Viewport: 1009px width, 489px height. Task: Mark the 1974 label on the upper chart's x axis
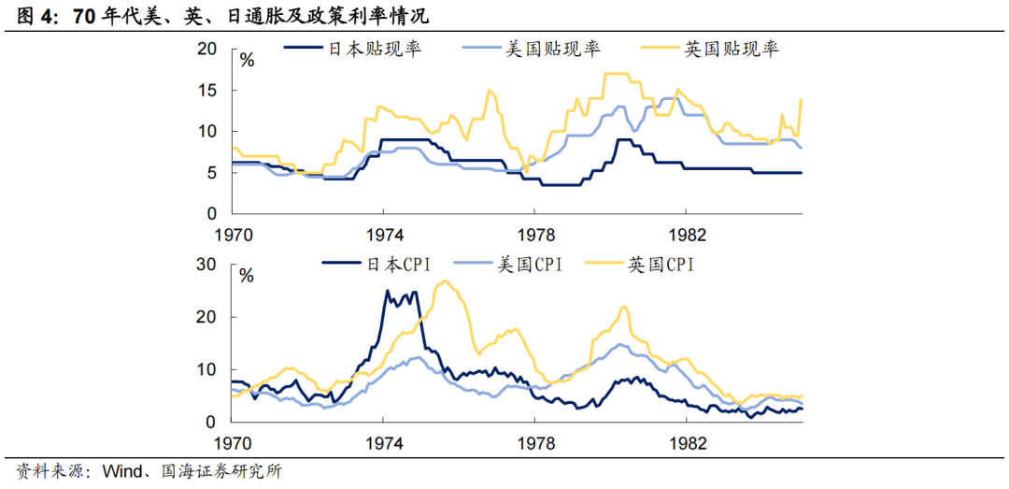pyautogui.click(x=384, y=234)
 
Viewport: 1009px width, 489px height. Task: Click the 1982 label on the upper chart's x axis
pyautogui.click(x=687, y=234)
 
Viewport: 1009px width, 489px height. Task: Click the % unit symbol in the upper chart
pyautogui.click(x=248, y=61)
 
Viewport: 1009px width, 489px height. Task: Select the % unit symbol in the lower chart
pyautogui.click(x=248, y=276)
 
